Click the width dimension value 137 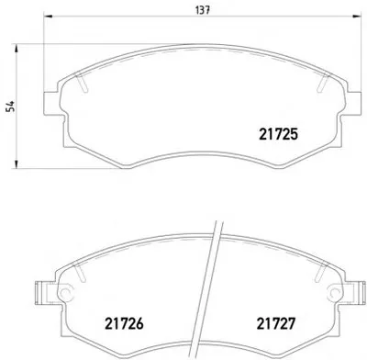point(203,10)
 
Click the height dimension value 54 point(11,107)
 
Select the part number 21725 point(278,134)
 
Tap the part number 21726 point(124,323)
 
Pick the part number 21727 point(276,323)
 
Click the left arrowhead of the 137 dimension point(49,17)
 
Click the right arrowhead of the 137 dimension point(357,17)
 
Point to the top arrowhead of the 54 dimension point(17,49)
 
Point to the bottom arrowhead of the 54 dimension point(17,163)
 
